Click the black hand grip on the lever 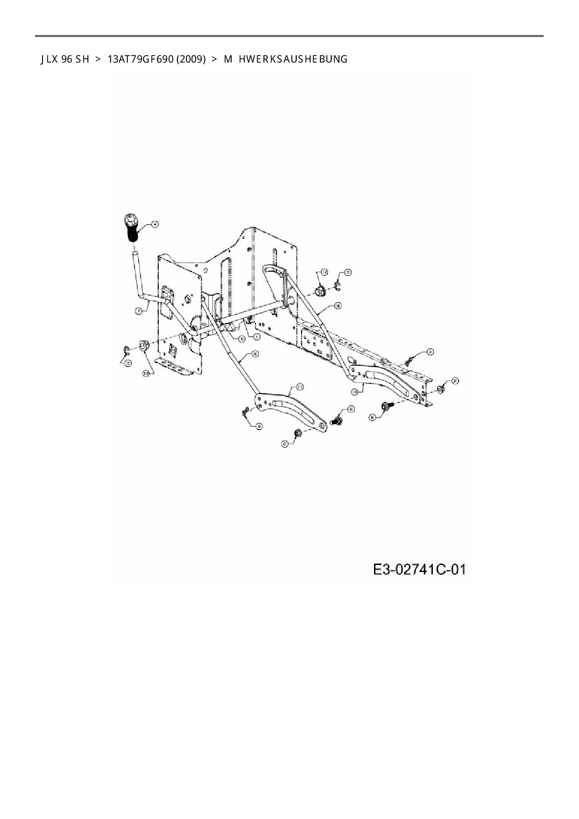click(132, 227)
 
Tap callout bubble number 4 click(154, 224)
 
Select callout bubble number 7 click(139, 310)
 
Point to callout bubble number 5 click(241, 339)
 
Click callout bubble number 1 click(256, 336)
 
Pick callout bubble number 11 click(300, 387)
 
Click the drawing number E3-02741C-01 click(419, 570)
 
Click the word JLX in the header click(49, 59)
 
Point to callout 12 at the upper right click(324, 272)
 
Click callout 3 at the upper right click(348, 272)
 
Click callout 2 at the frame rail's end click(455, 381)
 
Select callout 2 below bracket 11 click(284, 444)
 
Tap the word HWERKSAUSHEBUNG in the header click(293, 59)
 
